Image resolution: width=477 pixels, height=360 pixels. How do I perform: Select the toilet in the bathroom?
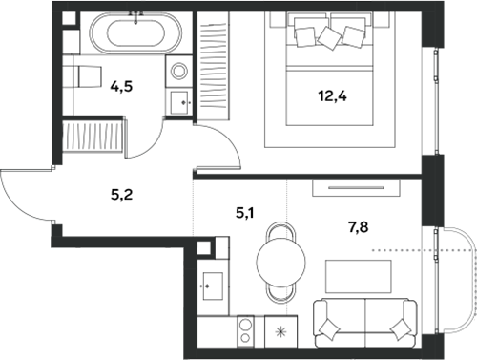tap(85, 76)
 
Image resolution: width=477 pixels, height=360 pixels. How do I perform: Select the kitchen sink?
tap(212, 283)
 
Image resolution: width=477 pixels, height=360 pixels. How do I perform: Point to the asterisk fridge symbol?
tap(280, 332)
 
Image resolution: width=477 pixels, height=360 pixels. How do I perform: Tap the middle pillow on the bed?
tap(331, 37)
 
